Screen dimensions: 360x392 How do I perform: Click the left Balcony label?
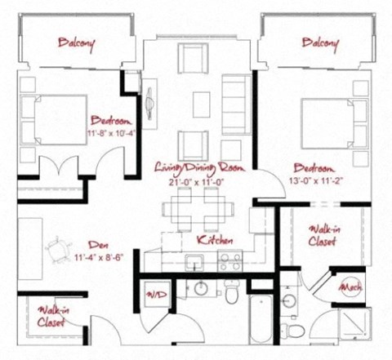click(76, 43)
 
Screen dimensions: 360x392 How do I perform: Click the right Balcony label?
click(320, 42)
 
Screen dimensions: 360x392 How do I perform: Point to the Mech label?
click(350, 287)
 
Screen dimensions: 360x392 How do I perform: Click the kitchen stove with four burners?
click(230, 262)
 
